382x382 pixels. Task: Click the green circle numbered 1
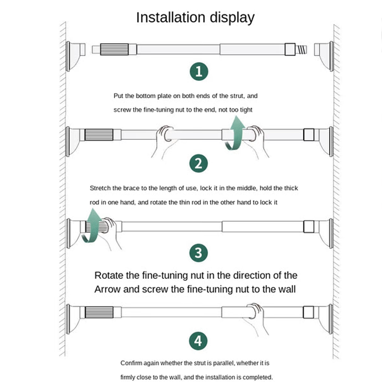click(199, 71)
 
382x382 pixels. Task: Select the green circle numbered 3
click(199, 253)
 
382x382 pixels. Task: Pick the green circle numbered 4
click(199, 340)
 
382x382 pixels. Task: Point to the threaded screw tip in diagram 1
click(302, 49)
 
